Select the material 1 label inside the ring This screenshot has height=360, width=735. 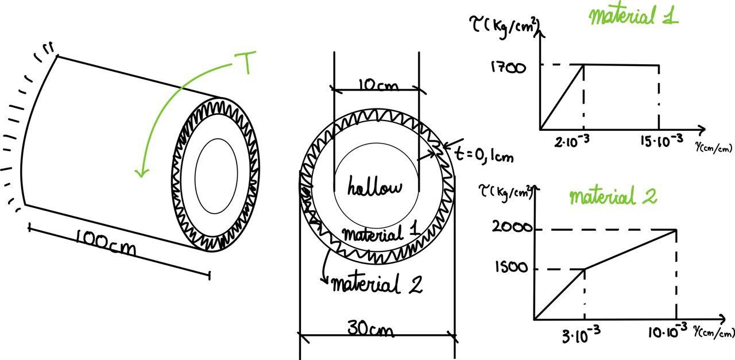pos(380,234)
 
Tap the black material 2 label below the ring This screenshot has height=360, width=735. pos(377,284)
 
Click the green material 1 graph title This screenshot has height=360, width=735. pos(633,16)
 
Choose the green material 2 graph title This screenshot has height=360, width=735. pos(613,197)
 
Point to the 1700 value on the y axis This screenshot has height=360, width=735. pos(508,68)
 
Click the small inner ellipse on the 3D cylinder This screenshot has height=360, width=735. pos(216,172)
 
